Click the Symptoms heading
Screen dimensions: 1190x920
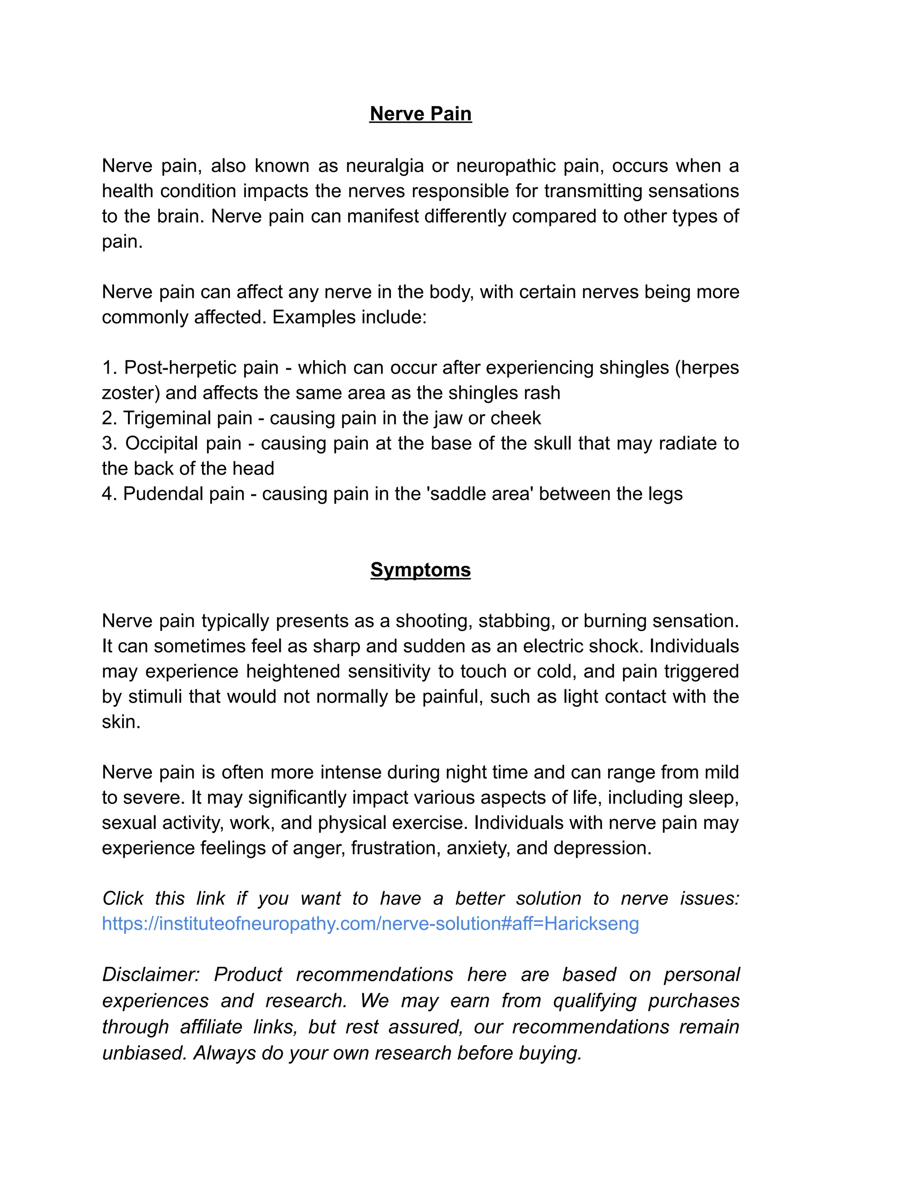(x=420, y=569)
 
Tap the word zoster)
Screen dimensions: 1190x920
(x=130, y=393)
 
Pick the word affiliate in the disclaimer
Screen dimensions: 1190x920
(x=211, y=1027)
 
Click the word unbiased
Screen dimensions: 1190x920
(x=142, y=1053)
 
